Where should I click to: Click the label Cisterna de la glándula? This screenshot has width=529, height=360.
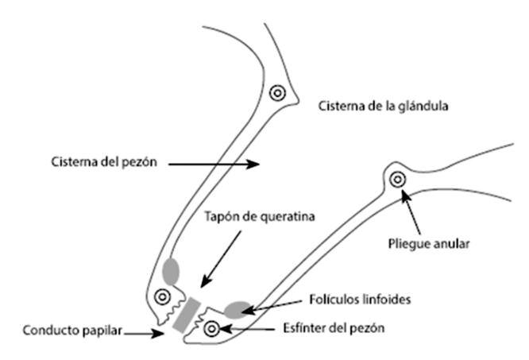coord(379,106)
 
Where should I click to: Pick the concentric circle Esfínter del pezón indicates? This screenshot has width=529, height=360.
coord(211,327)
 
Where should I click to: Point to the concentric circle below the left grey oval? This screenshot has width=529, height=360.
coord(163,298)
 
